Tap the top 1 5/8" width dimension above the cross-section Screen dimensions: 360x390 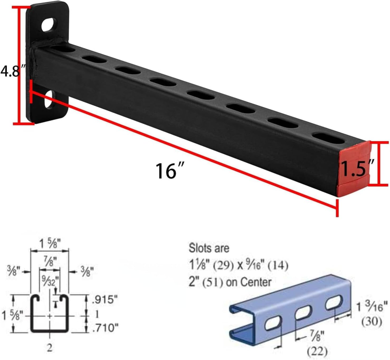(50, 245)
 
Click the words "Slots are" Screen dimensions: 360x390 (209, 247)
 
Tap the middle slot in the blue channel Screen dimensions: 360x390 (303, 313)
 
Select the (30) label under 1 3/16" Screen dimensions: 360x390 (371, 322)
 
